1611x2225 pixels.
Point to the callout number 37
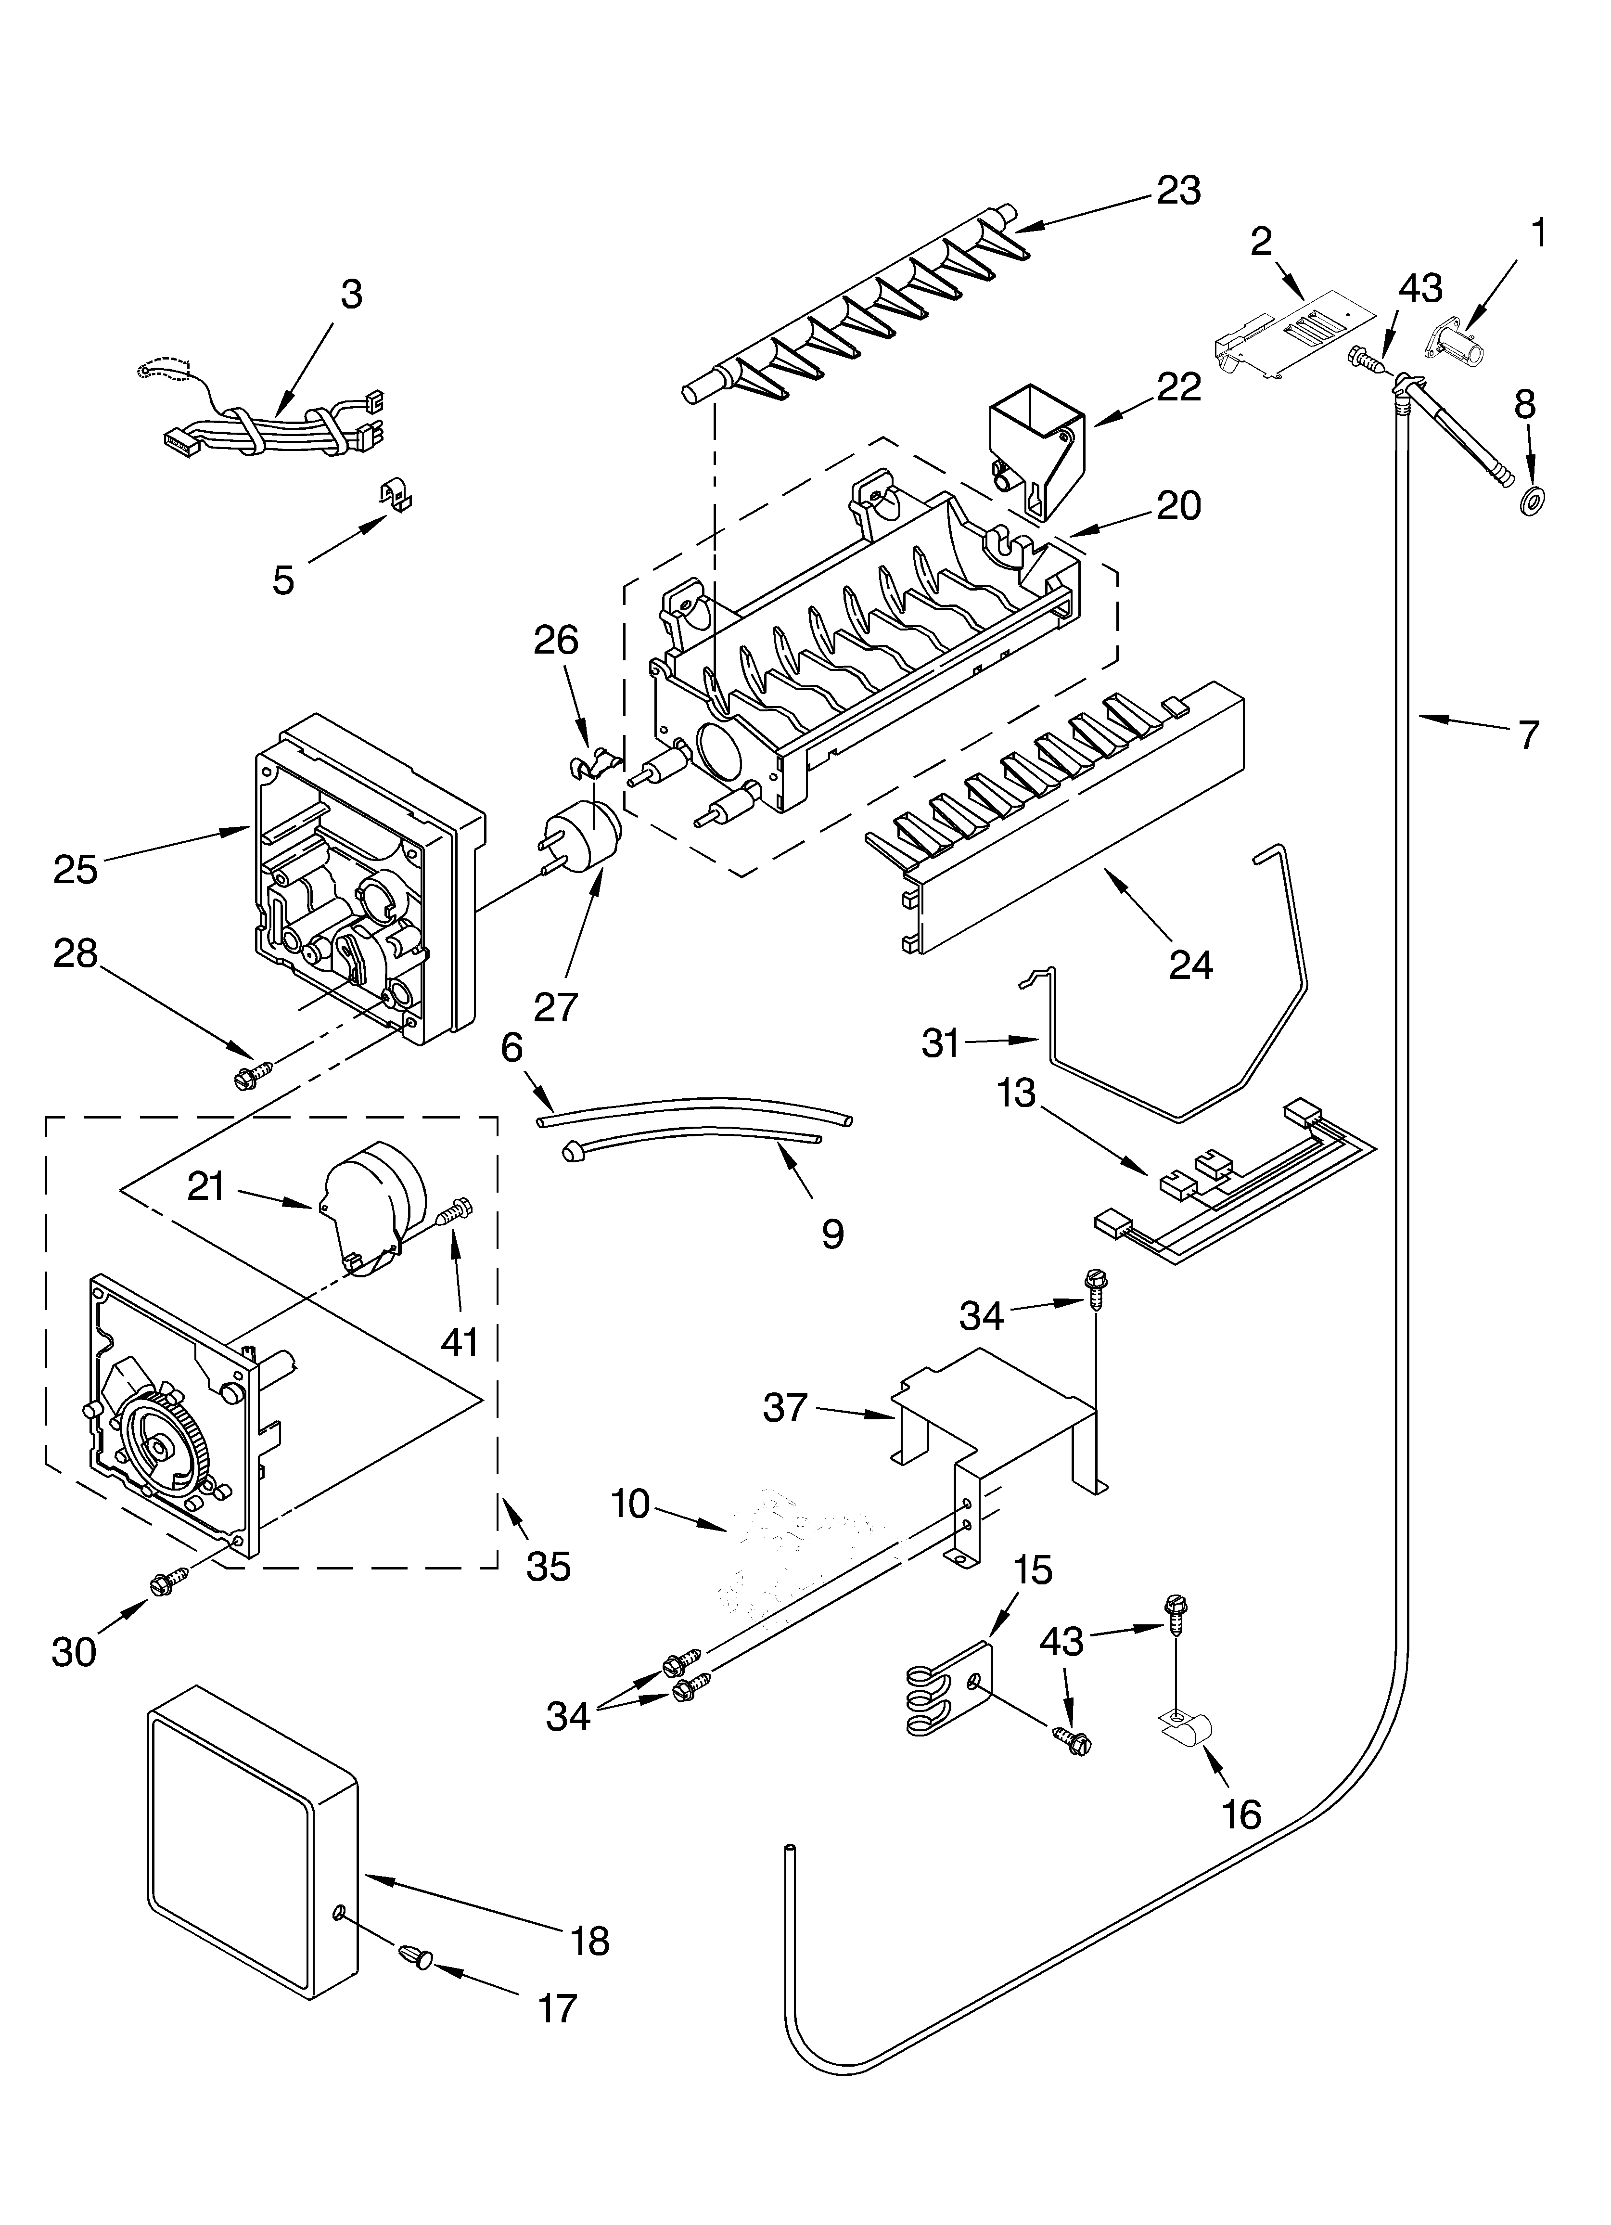click(785, 1410)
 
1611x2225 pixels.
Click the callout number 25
click(76, 869)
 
